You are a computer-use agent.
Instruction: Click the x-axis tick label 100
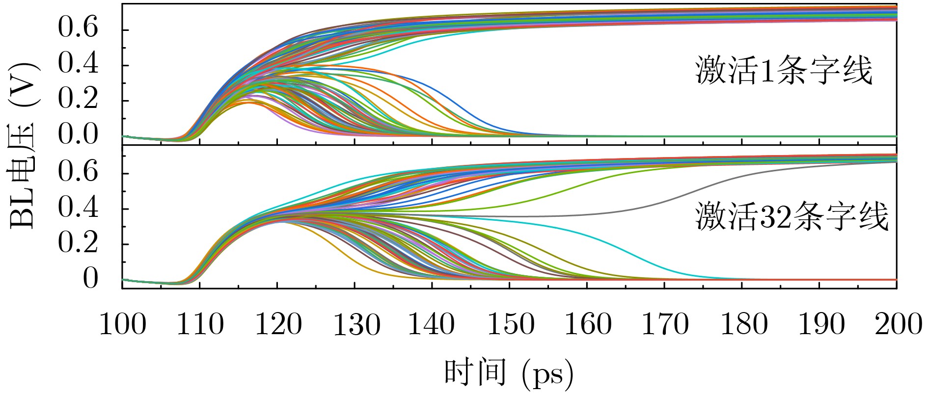123,325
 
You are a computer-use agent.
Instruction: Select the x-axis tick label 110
200,325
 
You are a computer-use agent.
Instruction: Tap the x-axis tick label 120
278,325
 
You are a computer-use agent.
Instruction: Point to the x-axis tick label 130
356,325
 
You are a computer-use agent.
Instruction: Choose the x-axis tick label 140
432,325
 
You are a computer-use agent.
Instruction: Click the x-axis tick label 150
511,325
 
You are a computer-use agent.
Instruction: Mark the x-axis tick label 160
588,325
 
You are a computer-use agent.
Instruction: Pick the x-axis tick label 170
665,325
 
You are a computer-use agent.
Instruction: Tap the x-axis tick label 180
743,325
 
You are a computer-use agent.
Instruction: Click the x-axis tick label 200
899,325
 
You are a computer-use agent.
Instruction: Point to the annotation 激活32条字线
792,216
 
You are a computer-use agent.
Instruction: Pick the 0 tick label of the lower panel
90,279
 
